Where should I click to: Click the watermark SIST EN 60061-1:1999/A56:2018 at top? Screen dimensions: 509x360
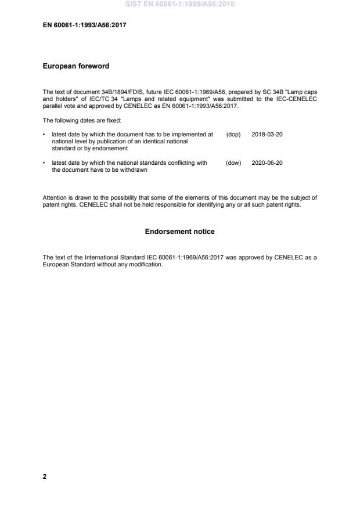point(179,5)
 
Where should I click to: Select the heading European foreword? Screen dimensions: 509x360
point(75,66)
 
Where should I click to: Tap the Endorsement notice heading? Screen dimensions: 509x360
point(179,232)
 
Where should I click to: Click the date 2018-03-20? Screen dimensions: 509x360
point(267,134)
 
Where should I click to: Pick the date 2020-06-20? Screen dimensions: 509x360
point(267,163)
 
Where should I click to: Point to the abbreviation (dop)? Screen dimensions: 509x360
point(233,134)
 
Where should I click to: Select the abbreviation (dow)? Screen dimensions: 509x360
point(233,163)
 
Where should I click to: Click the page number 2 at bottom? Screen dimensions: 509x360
point(45,476)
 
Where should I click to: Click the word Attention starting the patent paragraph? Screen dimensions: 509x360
point(55,197)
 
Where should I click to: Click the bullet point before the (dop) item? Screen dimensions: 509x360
point(45,134)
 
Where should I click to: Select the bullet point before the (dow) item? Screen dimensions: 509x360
point(45,163)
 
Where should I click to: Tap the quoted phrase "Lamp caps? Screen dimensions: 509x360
point(303,92)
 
